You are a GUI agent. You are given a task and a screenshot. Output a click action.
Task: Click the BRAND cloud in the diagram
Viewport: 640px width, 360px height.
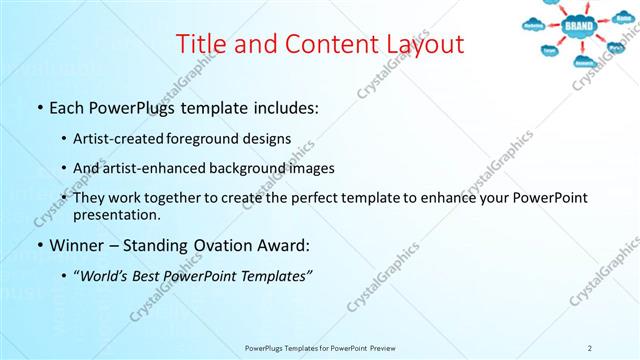pyautogui.click(x=579, y=25)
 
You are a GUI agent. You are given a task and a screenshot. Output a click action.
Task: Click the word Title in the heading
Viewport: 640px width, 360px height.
pyautogui.click(x=200, y=44)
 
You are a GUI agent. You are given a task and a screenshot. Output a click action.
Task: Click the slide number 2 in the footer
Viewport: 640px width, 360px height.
pyautogui.click(x=590, y=347)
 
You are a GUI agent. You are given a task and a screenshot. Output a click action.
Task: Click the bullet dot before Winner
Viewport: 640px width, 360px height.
pyautogui.click(x=39, y=246)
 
